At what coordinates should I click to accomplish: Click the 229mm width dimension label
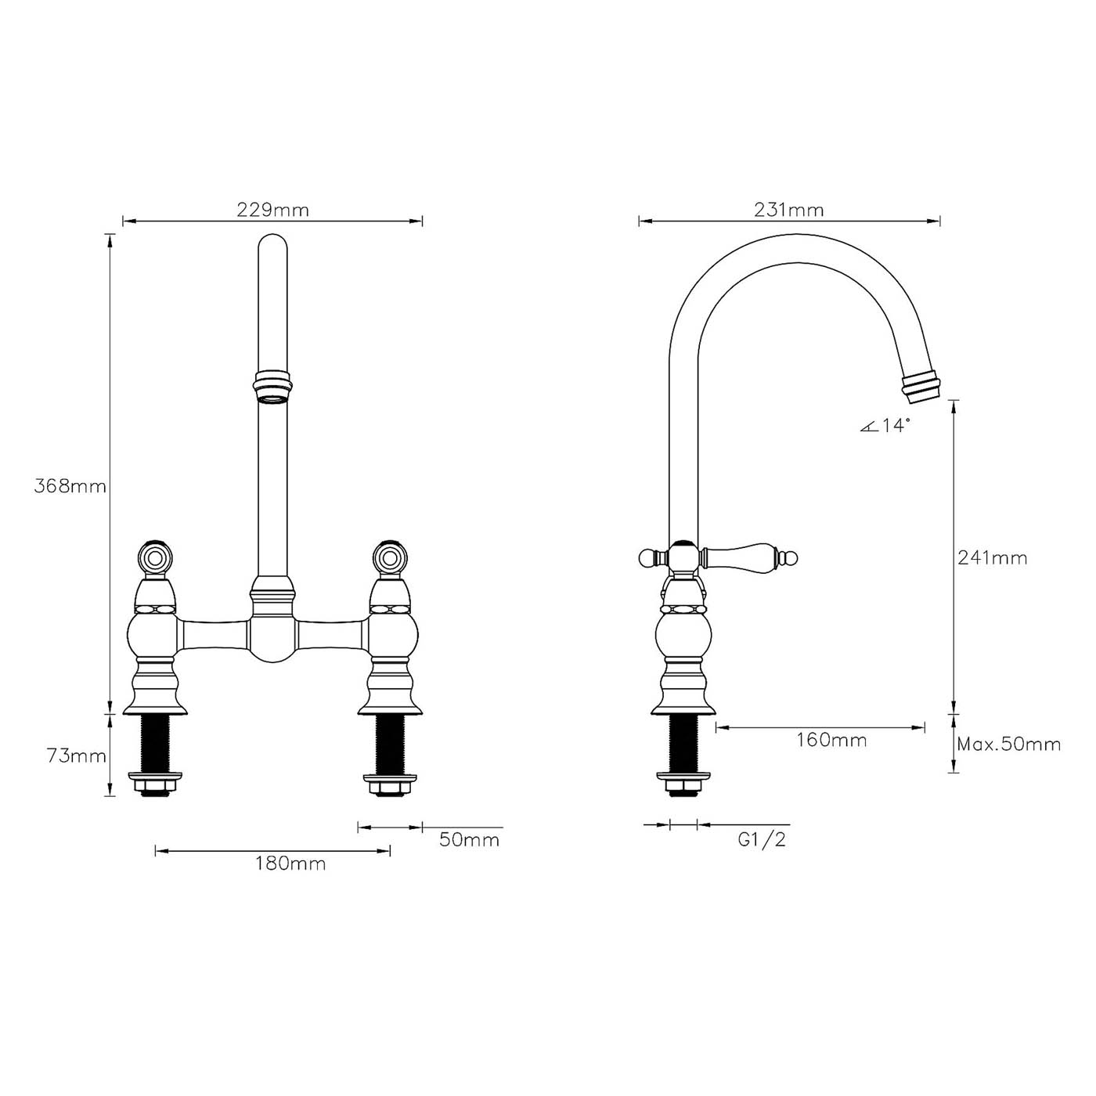pos(272,210)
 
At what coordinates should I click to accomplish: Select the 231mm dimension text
pos(788,210)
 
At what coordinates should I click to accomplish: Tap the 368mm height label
pos(70,486)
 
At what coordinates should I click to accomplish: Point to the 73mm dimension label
pos(76,756)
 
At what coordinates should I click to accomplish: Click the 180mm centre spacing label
pos(290,863)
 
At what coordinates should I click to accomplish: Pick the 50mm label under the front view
pos(468,840)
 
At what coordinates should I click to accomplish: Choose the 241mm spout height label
pos(992,558)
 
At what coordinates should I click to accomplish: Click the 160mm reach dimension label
pos(831,741)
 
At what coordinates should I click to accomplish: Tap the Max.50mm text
pos(1009,744)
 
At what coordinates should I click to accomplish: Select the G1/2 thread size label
pos(762,840)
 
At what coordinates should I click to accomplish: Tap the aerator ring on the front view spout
pos(272,387)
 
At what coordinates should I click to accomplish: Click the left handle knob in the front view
pos(153,557)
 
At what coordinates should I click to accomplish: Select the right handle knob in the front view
pos(389,557)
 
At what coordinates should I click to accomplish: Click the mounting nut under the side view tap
pos(683,782)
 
